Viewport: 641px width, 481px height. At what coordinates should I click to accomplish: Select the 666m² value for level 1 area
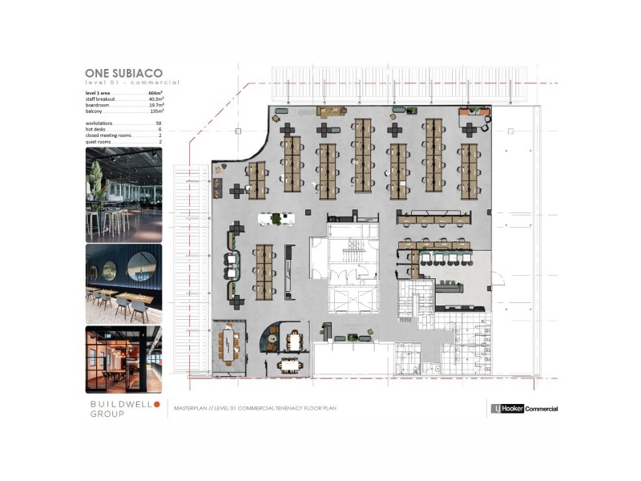[x=155, y=93]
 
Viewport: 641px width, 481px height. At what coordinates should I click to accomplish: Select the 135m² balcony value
[x=155, y=111]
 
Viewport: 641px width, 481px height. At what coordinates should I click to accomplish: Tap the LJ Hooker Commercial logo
[x=524, y=409]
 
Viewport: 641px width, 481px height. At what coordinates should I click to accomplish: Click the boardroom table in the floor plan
[x=232, y=346]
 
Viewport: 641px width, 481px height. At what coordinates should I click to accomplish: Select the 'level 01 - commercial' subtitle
[x=132, y=83]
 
